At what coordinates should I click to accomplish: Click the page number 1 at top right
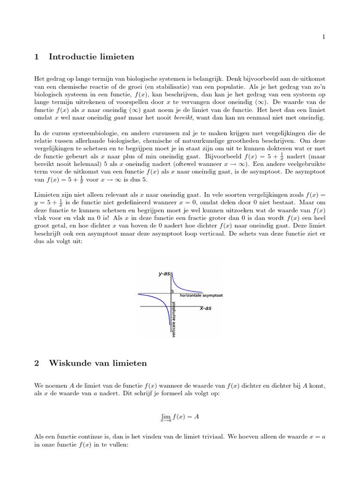323,37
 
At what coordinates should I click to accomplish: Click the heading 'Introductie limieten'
91,57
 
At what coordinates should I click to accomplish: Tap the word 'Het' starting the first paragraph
39,80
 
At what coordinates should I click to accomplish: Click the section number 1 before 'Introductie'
37,57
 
